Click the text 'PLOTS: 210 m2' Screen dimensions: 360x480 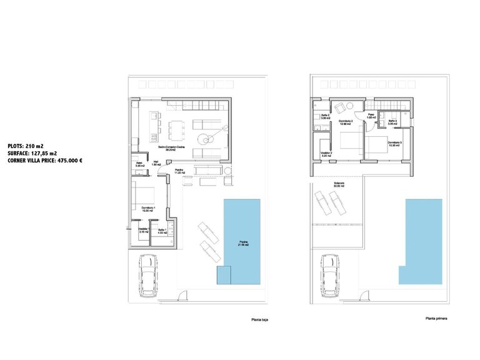point(26,145)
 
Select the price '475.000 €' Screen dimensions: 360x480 point(67,161)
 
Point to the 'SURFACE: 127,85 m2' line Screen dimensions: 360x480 point(32,152)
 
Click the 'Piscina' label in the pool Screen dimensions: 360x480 point(243,244)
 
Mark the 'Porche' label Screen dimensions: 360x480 point(178,172)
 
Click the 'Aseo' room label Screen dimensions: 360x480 point(140,163)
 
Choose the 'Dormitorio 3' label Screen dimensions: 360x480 point(394,144)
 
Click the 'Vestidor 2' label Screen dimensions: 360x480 point(326,154)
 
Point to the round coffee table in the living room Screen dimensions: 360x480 point(204,138)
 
